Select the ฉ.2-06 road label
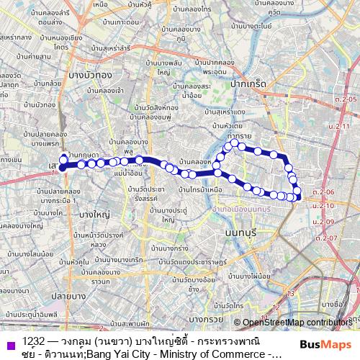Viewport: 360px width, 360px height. (325, 193)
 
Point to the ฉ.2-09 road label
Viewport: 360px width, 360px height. (326, 222)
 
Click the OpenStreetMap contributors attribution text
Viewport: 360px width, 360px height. (297, 323)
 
